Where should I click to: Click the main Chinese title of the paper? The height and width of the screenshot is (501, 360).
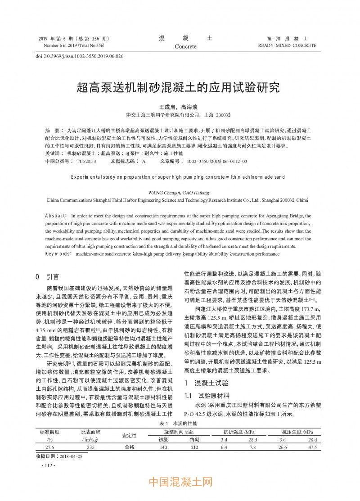(180, 86)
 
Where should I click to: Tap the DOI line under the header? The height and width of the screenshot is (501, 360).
(79, 57)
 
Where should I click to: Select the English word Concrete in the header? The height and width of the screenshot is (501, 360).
(185, 46)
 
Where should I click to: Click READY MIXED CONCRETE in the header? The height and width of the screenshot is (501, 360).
(287, 45)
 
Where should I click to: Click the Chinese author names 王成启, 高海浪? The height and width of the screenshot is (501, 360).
(180, 107)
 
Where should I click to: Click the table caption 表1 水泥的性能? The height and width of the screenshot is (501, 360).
(178, 424)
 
